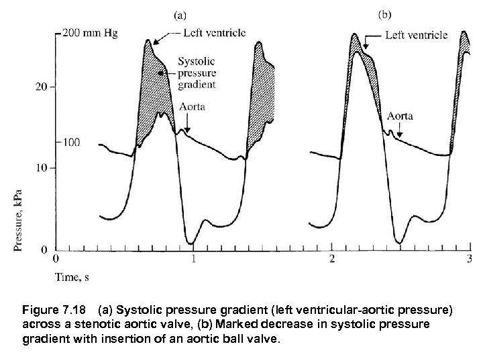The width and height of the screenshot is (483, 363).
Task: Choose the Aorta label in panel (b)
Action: pos(400,116)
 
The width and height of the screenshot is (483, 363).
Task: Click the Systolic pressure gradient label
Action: pos(197,73)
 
